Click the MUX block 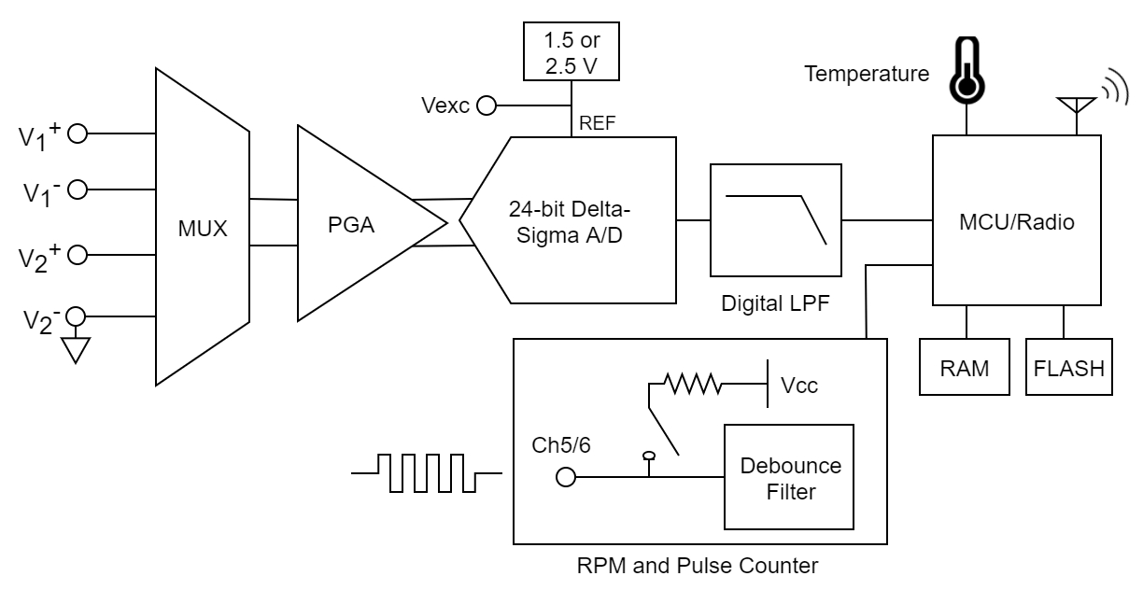203,228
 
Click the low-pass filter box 775,219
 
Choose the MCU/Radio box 1014,221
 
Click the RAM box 966,367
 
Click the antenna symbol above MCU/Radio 1077,103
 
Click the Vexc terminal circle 486,105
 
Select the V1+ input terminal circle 78,133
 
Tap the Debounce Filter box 789,477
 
